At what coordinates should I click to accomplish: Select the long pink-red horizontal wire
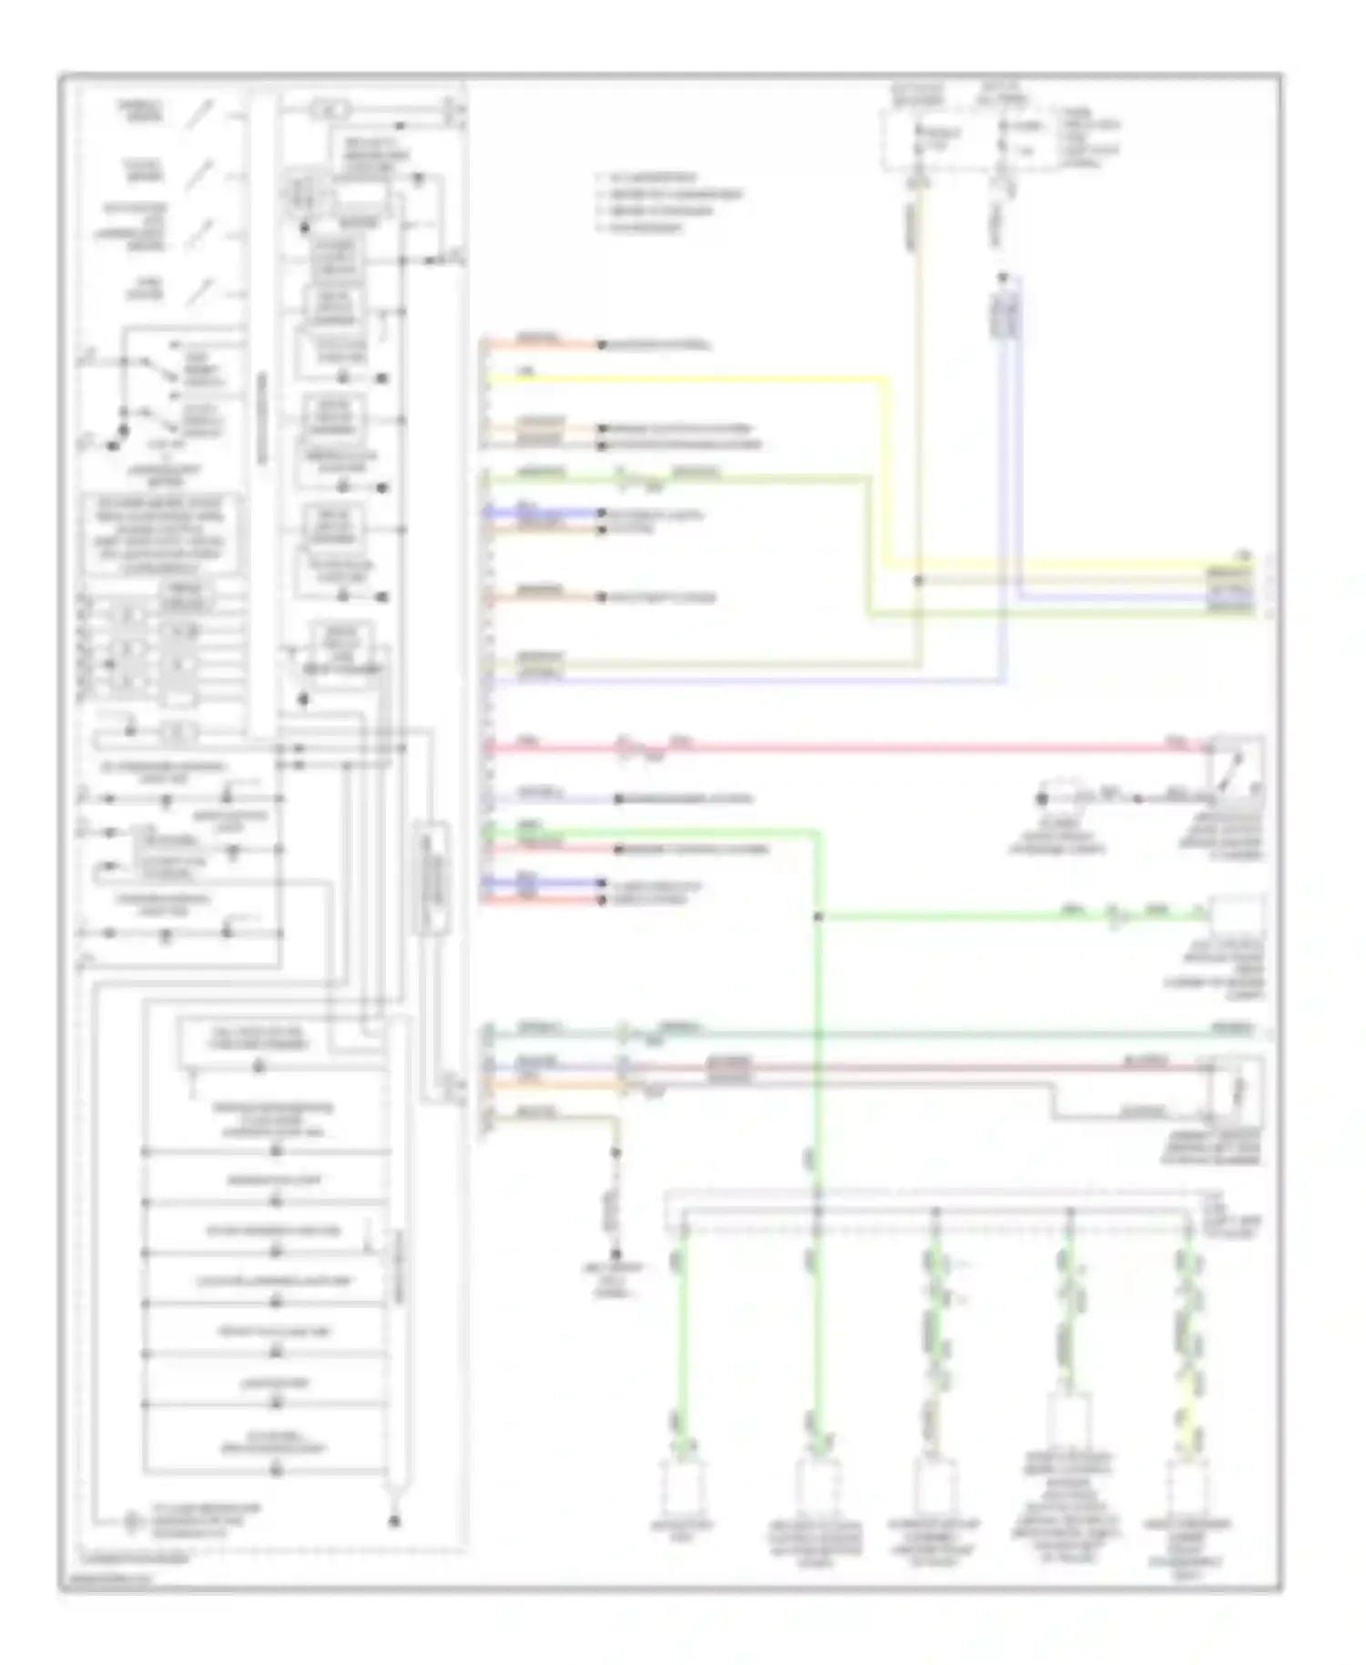(x=911, y=749)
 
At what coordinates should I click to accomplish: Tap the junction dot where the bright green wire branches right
(x=818, y=917)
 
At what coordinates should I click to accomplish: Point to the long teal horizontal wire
(x=911, y=1034)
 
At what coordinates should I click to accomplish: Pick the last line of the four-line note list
(x=642, y=228)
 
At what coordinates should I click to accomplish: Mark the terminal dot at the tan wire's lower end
(x=616, y=1254)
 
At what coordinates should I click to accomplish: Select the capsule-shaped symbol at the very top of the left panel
(x=330, y=110)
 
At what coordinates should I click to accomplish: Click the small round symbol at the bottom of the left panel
(x=134, y=1522)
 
